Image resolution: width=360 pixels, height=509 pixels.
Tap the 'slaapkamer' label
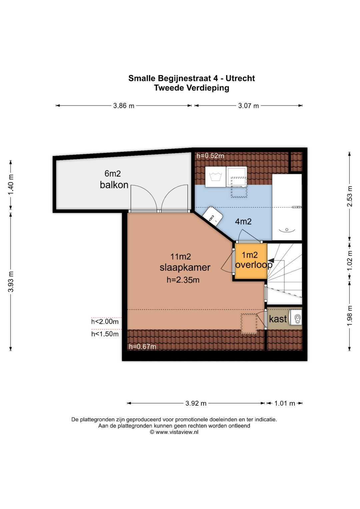185,267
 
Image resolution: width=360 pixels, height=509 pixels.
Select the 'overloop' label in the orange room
254,265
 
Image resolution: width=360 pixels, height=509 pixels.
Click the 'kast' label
278,319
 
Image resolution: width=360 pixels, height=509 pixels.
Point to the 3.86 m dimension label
124,106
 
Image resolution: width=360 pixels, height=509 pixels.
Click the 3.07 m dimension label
248,106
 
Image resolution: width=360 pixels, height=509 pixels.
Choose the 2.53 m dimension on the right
350,196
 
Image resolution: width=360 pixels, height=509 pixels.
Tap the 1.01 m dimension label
285,403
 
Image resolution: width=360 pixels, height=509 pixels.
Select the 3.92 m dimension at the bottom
196,403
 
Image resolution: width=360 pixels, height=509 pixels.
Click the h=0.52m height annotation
210,156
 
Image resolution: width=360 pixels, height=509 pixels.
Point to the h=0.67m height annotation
143,347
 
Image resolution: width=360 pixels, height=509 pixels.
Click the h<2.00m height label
105,322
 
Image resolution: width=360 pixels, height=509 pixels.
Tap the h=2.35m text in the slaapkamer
183,280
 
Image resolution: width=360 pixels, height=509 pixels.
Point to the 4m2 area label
243,222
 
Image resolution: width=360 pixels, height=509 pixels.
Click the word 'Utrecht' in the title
240,78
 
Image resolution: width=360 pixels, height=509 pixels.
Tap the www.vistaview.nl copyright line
174,432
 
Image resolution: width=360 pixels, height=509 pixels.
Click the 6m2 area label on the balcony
113,174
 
